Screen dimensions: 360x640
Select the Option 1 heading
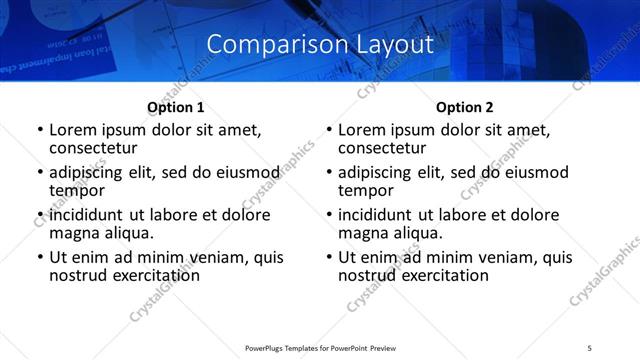pyautogui.click(x=176, y=107)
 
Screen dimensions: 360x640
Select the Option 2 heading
pyautogui.click(x=465, y=107)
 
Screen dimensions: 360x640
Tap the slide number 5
pyautogui.click(x=589, y=346)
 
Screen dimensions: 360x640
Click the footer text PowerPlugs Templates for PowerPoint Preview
pyautogui.click(x=319, y=346)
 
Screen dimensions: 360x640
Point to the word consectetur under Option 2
pyautogui.click(x=382, y=147)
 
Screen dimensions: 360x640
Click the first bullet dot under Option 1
pyautogui.click(x=40, y=130)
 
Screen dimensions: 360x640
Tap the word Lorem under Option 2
pyautogui.click(x=362, y=129)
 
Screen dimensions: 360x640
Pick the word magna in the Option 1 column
pyautogui.click(x=73, y=233)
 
